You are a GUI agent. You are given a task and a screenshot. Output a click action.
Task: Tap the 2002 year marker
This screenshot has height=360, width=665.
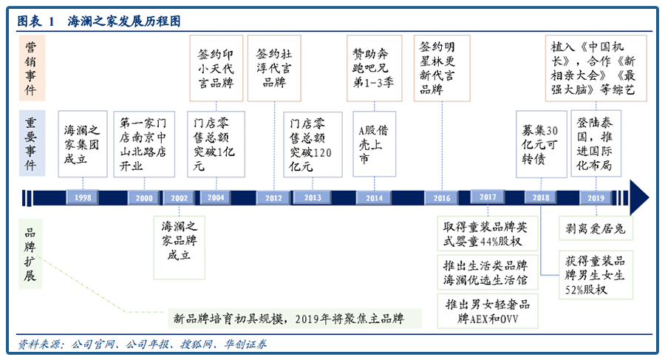pos(178,198)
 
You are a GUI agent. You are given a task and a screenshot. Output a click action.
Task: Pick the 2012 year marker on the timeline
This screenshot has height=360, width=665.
pos(273,198)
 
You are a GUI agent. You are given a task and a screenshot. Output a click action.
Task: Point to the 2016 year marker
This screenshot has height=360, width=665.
pos(442,198)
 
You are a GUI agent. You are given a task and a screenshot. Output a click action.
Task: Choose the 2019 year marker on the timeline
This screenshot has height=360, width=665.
pos(595,198)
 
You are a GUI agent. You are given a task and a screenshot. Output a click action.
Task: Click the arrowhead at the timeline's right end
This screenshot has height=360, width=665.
pos(639,197)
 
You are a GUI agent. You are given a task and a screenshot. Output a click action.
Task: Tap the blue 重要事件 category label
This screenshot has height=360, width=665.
pos(32,143)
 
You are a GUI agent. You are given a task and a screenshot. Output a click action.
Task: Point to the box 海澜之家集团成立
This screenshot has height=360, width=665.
pos(82,143)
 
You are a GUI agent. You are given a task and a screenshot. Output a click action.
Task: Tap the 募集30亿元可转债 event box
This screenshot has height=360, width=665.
pos(542,143)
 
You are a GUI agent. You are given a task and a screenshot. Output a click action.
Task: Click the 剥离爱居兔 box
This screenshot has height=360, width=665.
pos(596,229)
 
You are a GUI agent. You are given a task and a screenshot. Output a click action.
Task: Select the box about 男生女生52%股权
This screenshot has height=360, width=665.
pos(596,274)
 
